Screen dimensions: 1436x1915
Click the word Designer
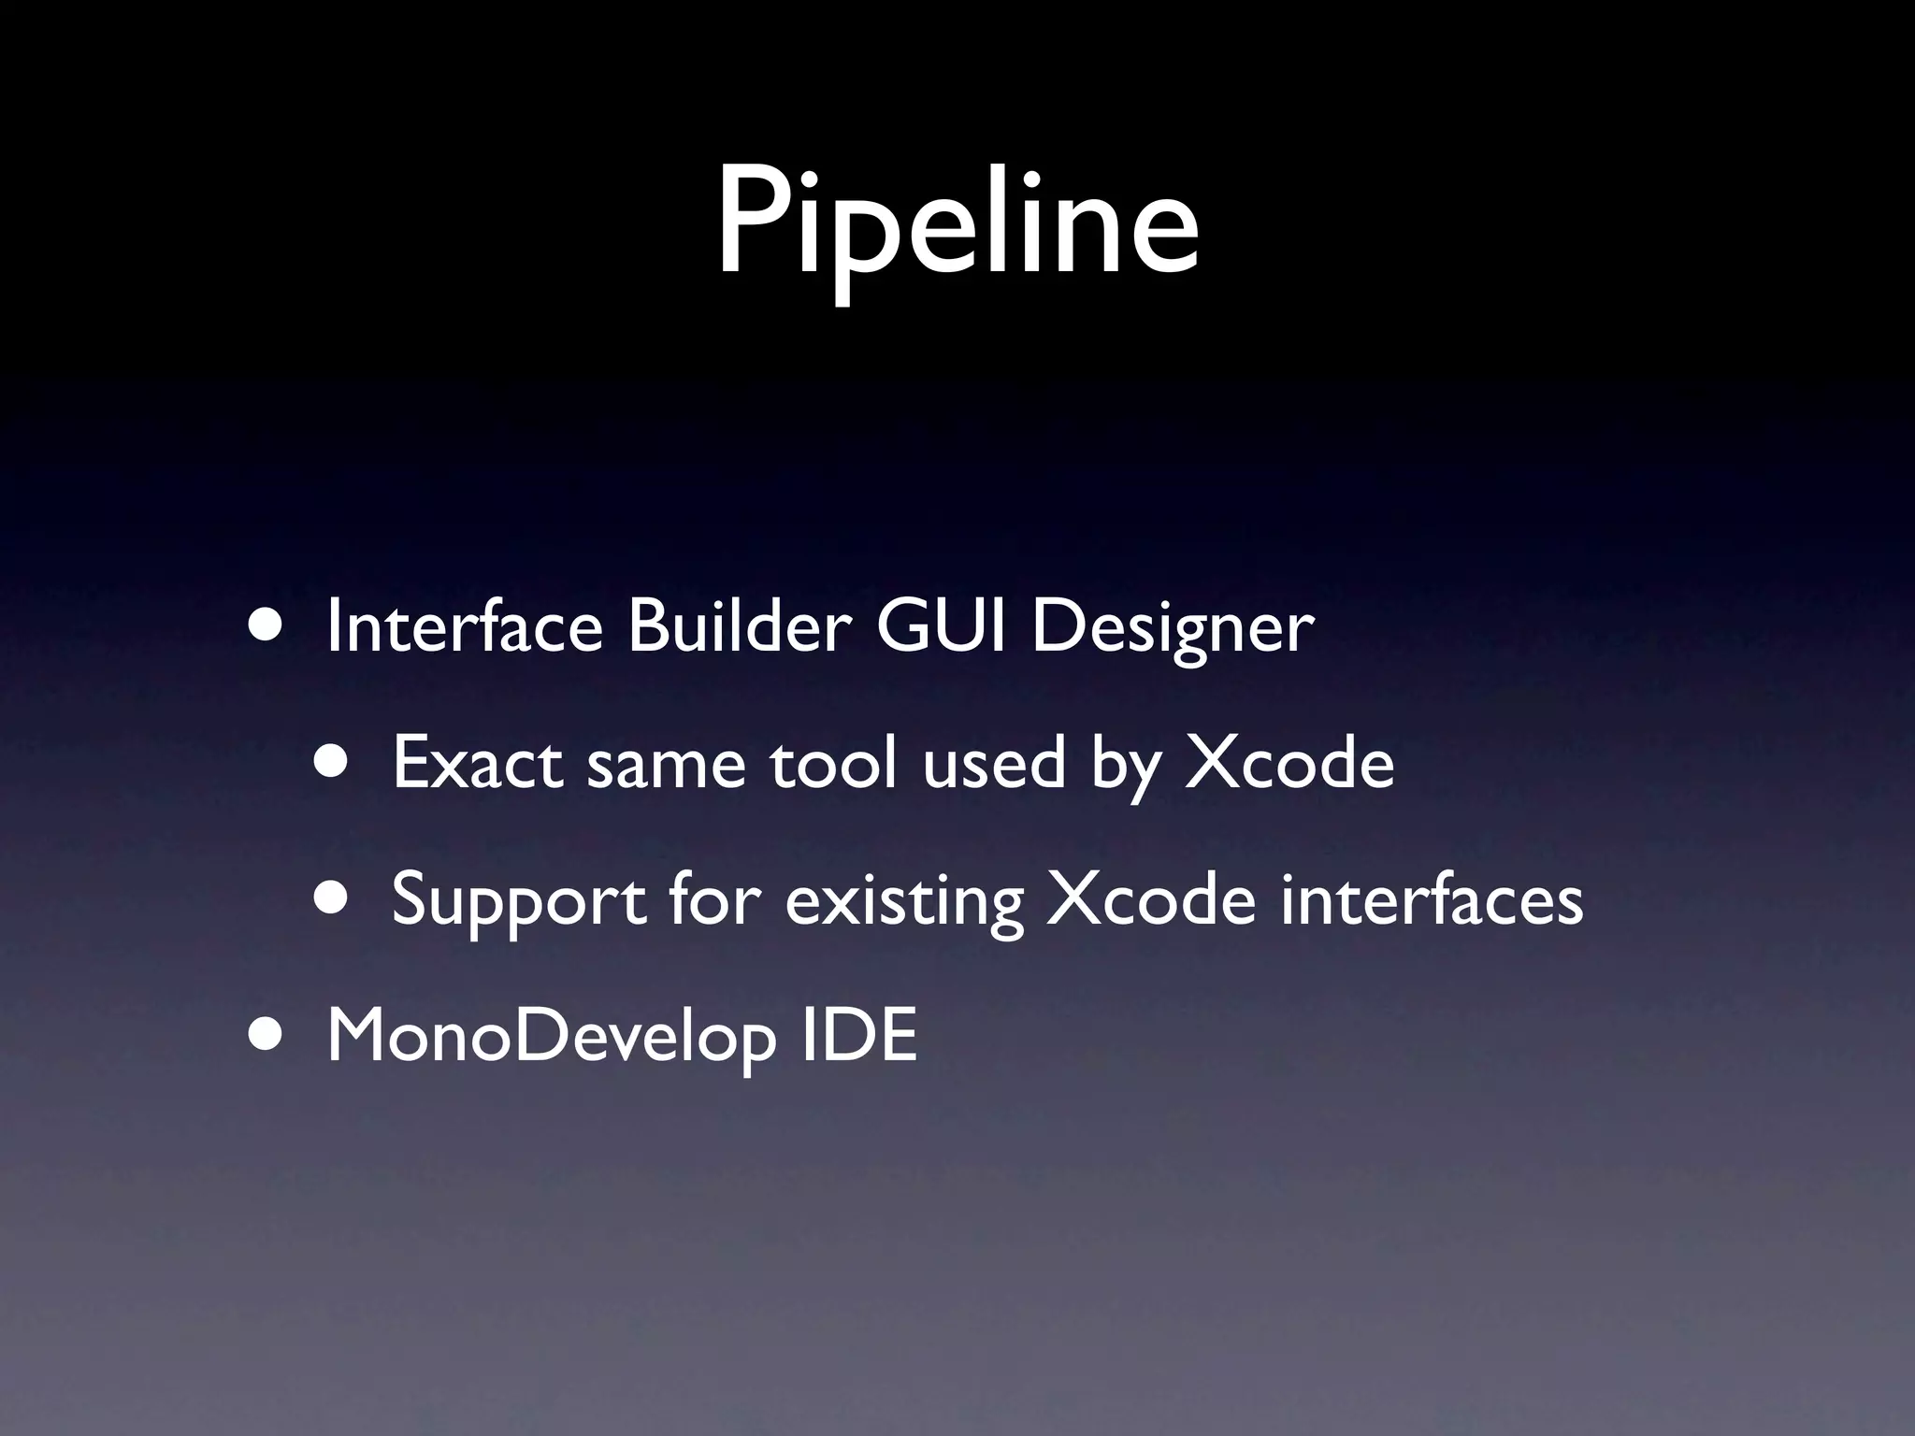pos(1173,628)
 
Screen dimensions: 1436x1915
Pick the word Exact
pos(478,763)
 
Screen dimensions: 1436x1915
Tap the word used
pos(994,763)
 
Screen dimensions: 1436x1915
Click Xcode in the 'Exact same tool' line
pos(1289,763)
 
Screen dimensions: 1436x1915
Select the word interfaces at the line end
pos(1432,899)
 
